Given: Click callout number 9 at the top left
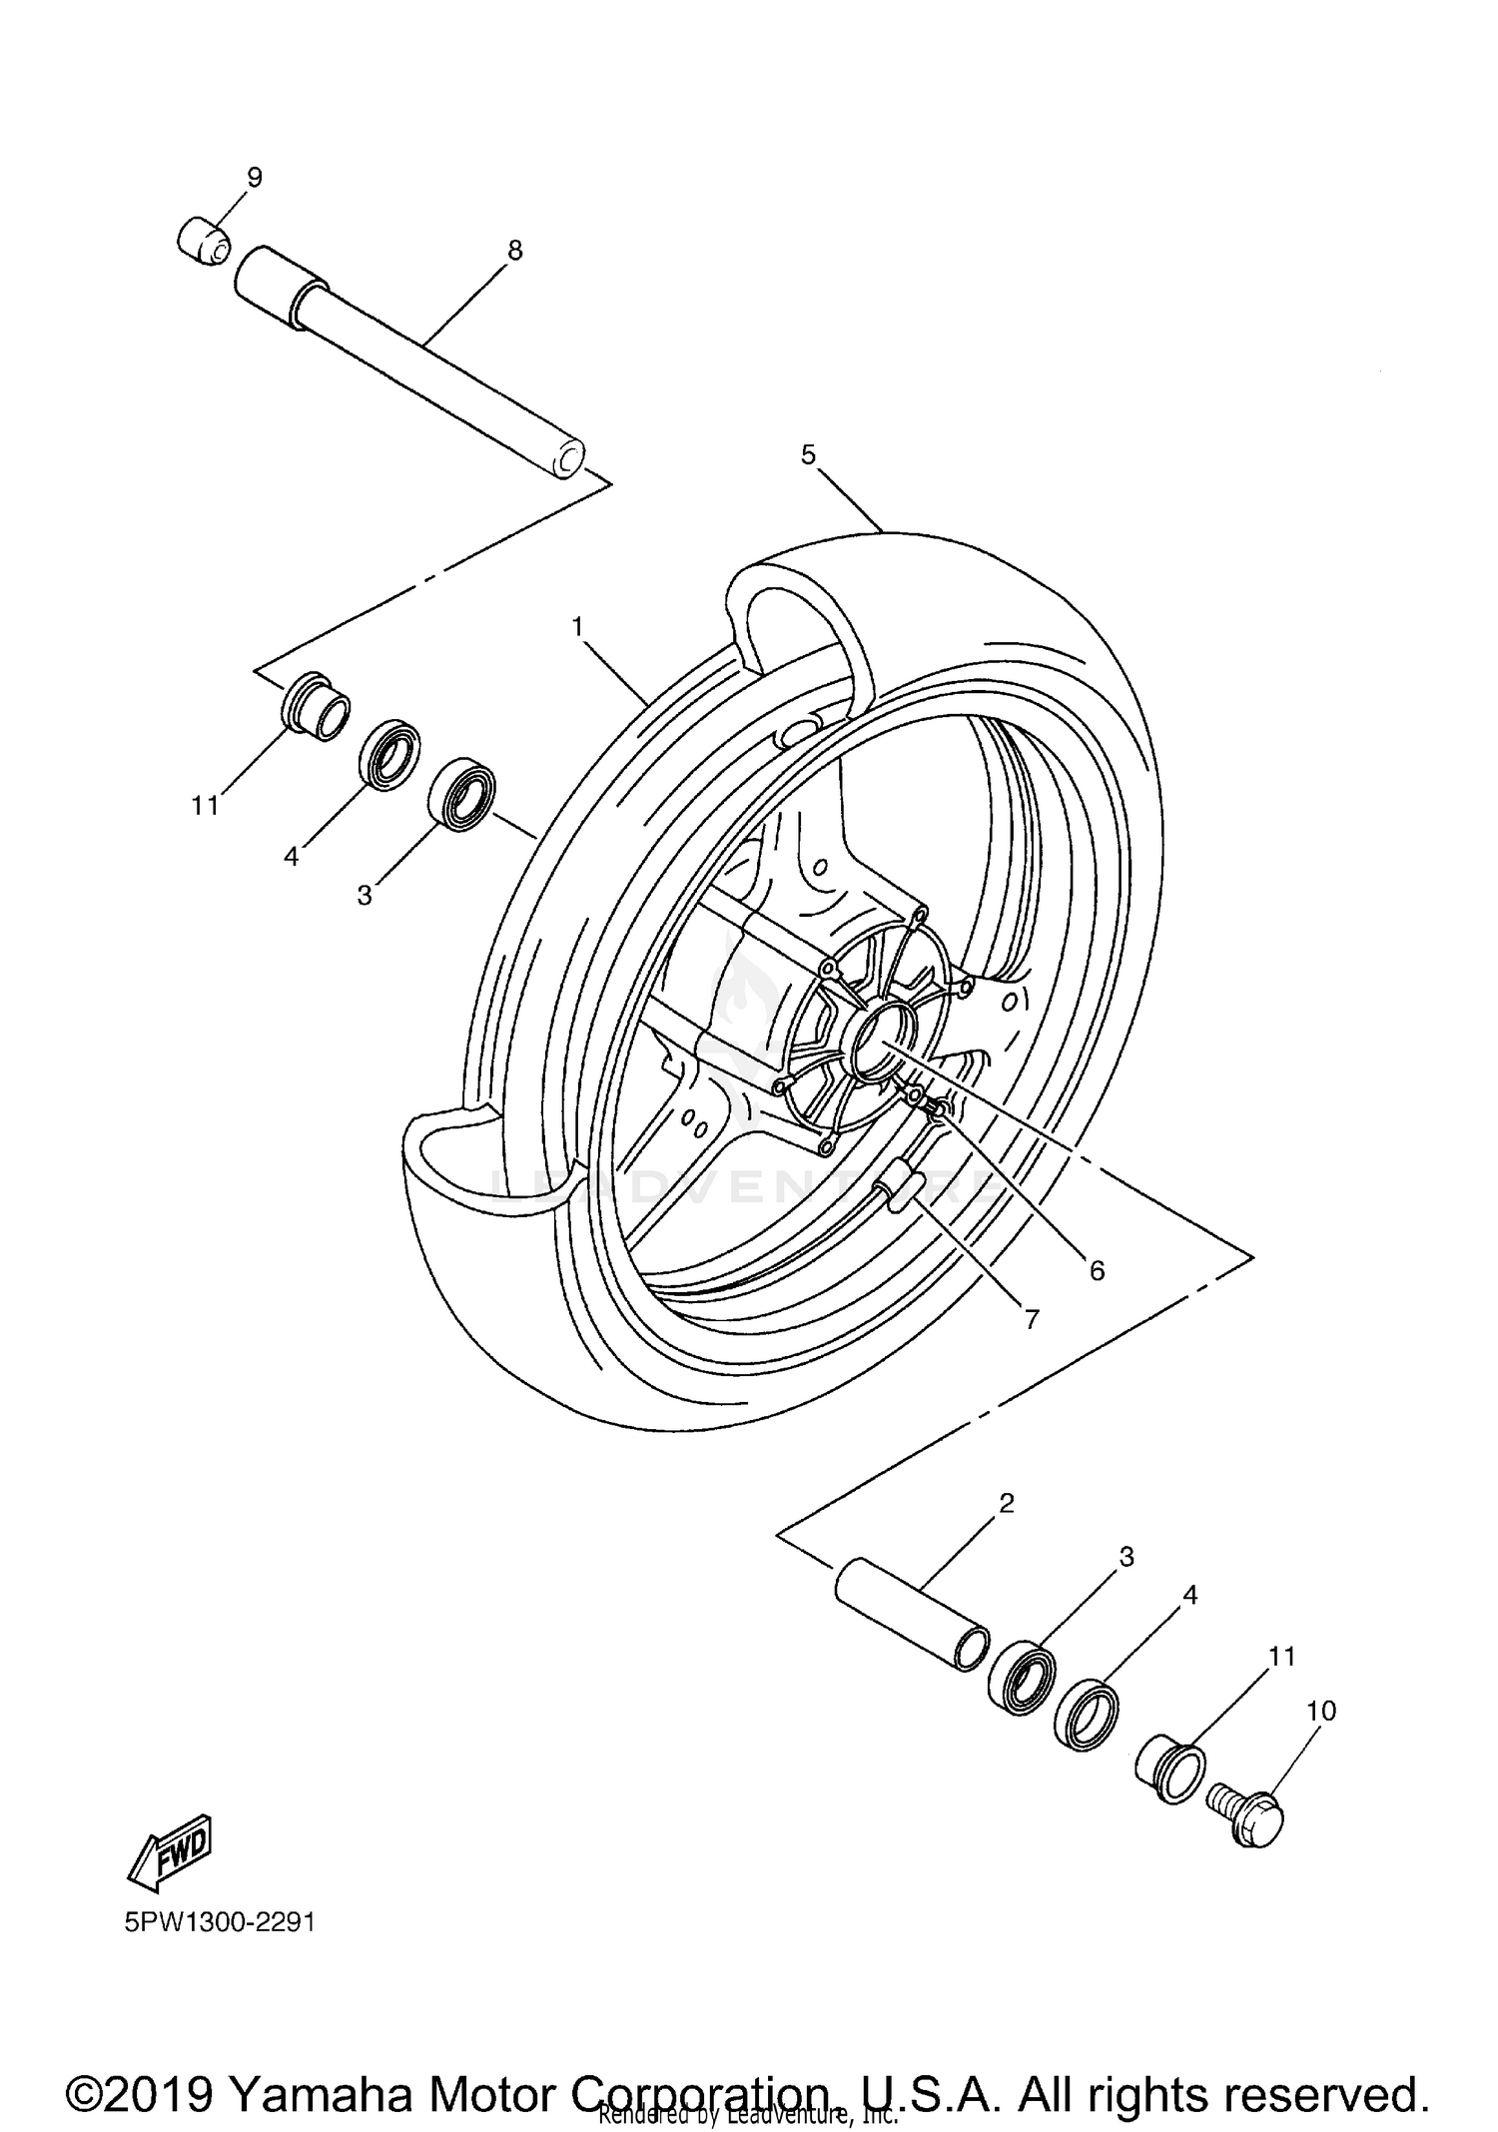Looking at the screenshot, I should tap(255, 178).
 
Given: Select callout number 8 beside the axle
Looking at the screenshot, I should tap(514, 251).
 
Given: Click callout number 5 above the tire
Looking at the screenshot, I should tap(808, 455).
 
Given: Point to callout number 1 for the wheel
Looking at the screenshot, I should tap(577, 626).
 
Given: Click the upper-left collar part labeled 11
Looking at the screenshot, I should tap(316, 704).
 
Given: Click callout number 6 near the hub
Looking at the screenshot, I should tap(1097, 1270).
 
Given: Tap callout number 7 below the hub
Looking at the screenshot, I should tap(1032, 1319).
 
